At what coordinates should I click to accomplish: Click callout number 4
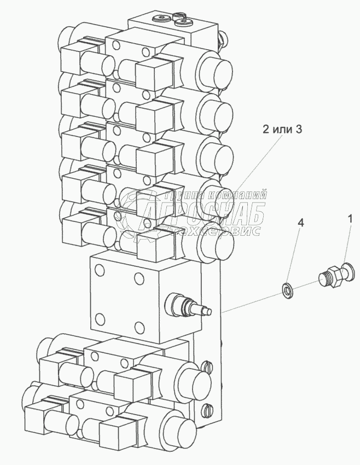point(299,223)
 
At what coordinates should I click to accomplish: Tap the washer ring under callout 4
point(286,290)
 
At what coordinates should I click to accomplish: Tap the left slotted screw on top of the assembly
point(162,19)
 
